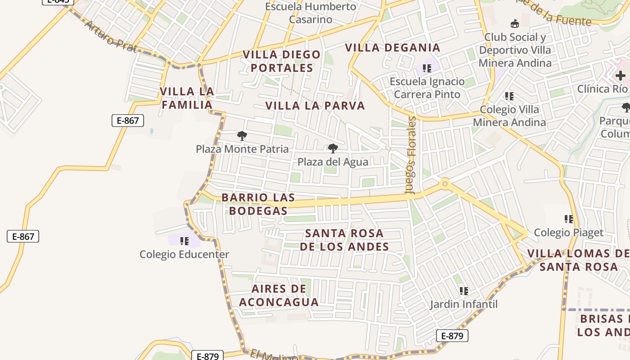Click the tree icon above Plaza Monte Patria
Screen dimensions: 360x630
tap(242, 135)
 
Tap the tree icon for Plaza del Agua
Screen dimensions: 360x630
tap(333, 148)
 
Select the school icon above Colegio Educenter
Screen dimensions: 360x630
tap(184, 241)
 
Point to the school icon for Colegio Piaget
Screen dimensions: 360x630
tap(569, 219)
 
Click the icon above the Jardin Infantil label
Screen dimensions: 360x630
tap(464, 291)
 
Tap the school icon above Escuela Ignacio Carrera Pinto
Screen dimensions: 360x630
tap(427, 68)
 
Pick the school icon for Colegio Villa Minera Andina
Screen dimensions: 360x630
tap(509, 96)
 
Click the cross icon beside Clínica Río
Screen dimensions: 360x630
tap(621, 76)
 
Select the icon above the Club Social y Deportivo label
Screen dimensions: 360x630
tap(515, 23)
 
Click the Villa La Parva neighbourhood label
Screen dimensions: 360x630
tap(315, 106)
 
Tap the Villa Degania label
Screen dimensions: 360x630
tap(392, 48)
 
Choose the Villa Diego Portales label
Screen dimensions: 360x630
tap(282, 61)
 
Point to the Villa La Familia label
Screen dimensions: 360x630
tap(186, 98)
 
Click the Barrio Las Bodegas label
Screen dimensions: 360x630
tap(258, 204)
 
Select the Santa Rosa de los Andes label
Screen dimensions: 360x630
tap(344, 240)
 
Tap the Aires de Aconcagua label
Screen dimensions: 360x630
tap(279, 295)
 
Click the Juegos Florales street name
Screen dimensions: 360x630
tap(412, 155)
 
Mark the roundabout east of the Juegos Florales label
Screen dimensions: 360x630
tap(445, 183)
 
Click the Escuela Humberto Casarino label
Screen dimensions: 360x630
tap(310, 13)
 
